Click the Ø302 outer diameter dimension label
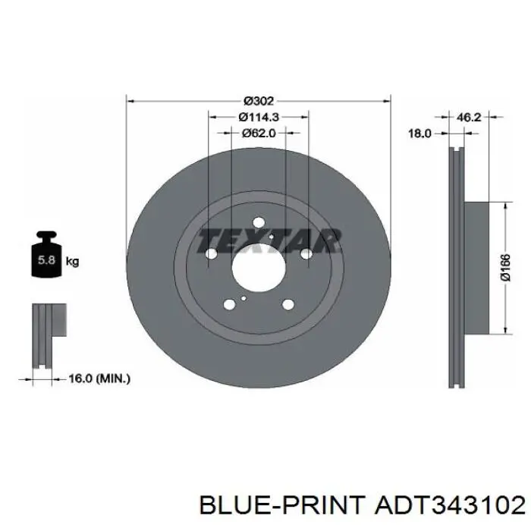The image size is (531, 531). click(259, 101)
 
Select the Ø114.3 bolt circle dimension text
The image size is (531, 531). click(259, 117)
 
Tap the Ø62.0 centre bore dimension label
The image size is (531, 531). click(259, 134)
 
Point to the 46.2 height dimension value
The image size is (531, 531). click(469, 117)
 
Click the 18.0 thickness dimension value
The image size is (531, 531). click(419, 134)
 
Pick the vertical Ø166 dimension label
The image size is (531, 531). click(505, 268)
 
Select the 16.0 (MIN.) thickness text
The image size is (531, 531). click(99, 379)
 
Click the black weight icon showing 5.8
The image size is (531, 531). click(46, 254)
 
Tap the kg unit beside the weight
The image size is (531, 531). click(73, 262)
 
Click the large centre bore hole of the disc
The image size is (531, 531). click(259, 268)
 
